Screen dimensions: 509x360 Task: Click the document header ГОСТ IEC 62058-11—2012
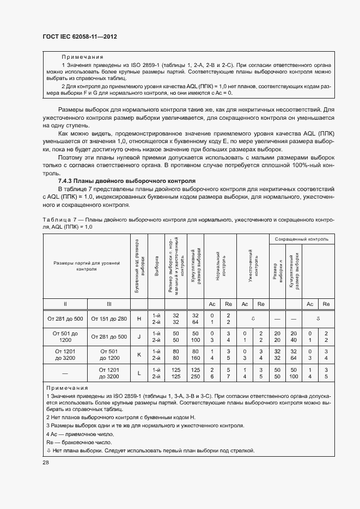click(80, 36)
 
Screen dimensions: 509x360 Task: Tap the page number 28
click(46, 462)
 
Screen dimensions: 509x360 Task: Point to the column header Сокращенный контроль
click(301, 239)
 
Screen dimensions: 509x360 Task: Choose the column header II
click(65, 303)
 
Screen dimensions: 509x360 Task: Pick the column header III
click(109, 303)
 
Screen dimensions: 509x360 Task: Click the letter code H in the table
click(139, 319)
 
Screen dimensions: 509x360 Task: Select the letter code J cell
click(139, 336)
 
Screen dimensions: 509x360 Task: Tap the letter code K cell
click(139, 354)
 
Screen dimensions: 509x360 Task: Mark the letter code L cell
click(139, 372)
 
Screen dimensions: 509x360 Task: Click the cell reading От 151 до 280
click(109, 319)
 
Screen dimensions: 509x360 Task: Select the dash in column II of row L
click(65, 372)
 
